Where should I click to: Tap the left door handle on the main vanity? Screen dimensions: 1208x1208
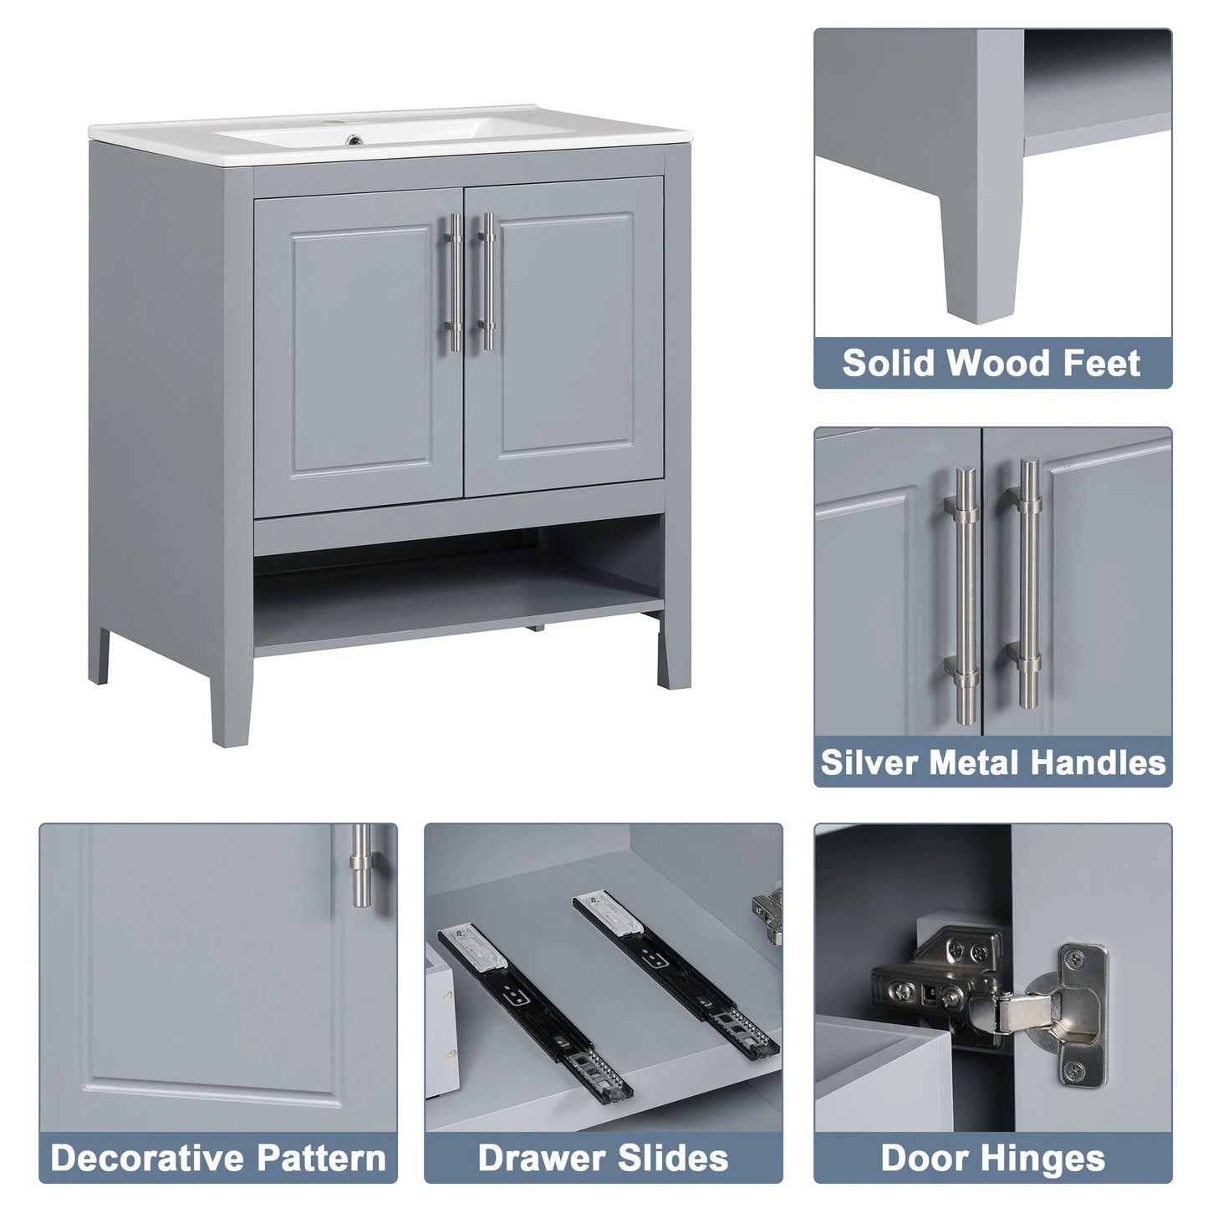click(455, 282)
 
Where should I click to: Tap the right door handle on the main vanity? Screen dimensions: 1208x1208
click(487, 282)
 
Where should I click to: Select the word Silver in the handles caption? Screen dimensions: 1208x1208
click(869, 762)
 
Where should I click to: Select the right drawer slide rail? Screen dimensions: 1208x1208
click(675, 970)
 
